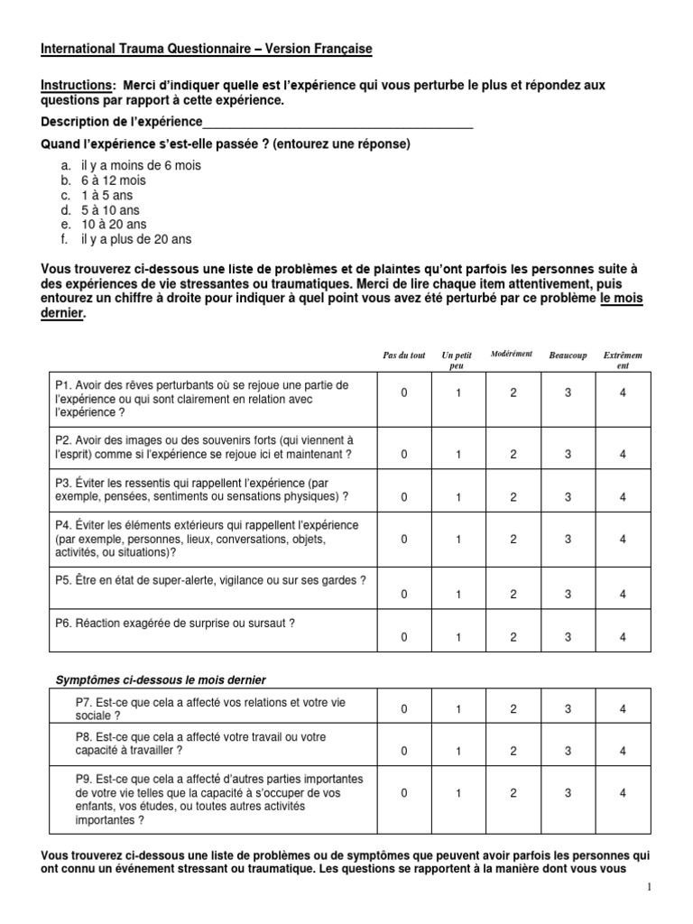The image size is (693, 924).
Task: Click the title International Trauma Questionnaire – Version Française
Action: point(206,48)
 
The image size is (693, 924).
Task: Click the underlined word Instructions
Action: point(75,85)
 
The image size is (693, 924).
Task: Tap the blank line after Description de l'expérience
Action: point(337,122)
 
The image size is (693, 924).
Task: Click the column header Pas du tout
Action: point(403,356)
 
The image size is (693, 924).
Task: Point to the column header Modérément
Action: point(512,354)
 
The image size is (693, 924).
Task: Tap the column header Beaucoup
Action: point(568,356)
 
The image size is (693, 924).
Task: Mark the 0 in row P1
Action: point(404,393)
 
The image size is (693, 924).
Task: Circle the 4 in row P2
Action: point(623,454)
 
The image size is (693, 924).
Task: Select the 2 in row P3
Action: point(513,496)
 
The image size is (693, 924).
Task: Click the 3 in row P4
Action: point(568,539)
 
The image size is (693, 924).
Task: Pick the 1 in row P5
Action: point(458,594)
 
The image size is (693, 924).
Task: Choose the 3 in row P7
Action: point(568,709)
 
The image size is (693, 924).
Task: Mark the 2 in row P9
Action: point(513,792)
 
